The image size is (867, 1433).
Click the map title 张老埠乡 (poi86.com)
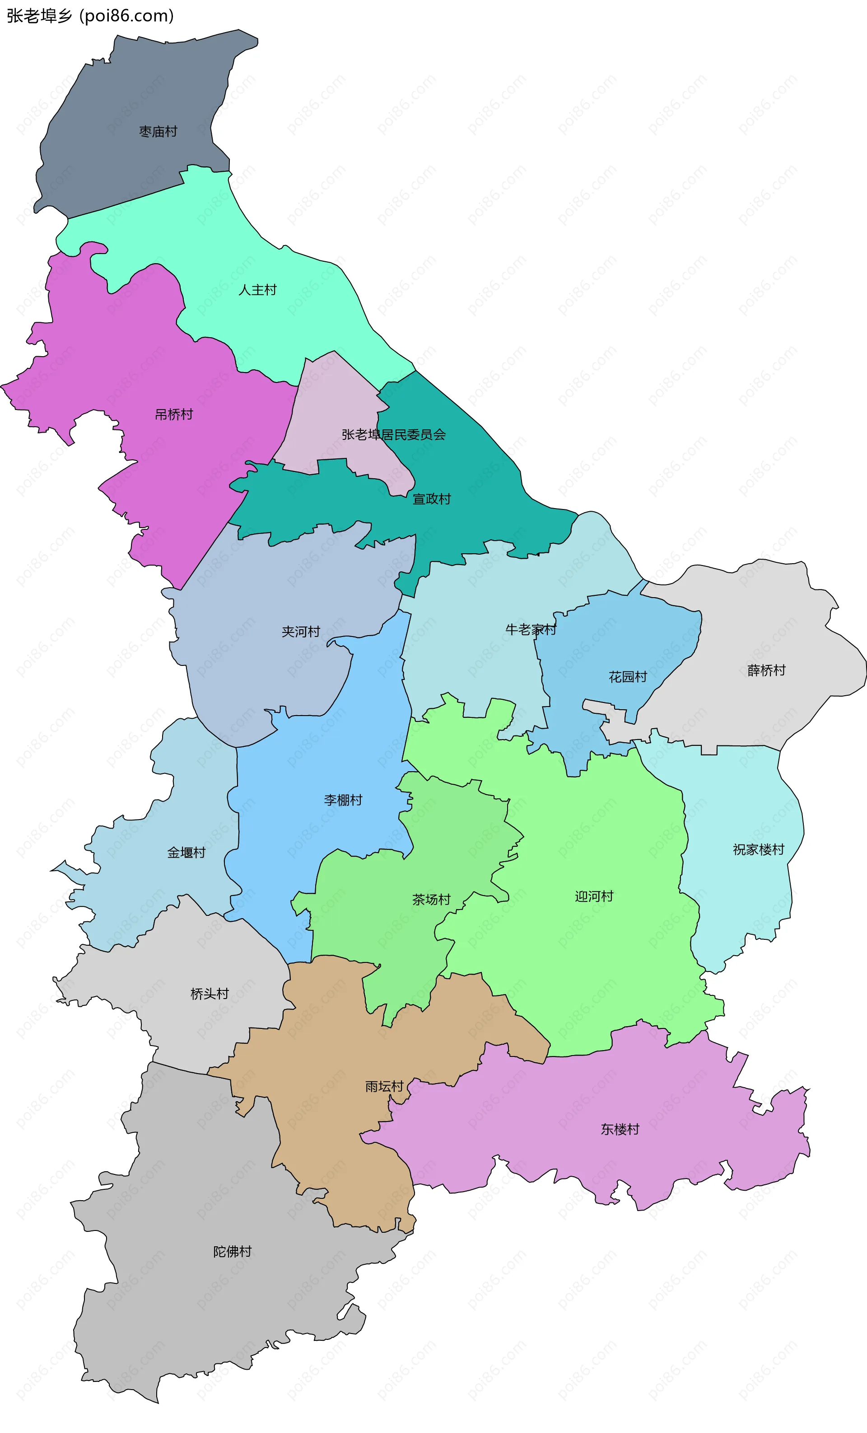tap(90, 16)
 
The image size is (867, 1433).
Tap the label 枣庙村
tap(158, 132)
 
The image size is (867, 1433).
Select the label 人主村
tap(257, 290)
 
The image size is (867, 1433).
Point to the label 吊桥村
tap(174, 415)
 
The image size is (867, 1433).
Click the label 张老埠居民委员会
tap(393, 435)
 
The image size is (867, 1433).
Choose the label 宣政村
tap(432, 499)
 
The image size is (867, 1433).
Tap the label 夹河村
tap(301, 632)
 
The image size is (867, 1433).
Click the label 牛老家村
tap(531, 629)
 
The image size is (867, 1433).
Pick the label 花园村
tap(628, 677)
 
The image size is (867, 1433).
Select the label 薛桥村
tap(766, 670)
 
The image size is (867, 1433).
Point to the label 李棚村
tap(343, 800)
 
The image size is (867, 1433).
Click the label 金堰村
tap(186, 853)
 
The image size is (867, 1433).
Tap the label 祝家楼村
tap(758, 850)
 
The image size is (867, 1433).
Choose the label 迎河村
tap(594, 896)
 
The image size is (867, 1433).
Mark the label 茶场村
tap(431, 900)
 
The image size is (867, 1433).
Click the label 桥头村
tap(210, 994)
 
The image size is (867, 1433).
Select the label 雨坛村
tap(384, 1086)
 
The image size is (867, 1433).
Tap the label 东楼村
tap(620, 1129)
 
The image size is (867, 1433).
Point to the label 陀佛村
tap(233, 1252)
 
